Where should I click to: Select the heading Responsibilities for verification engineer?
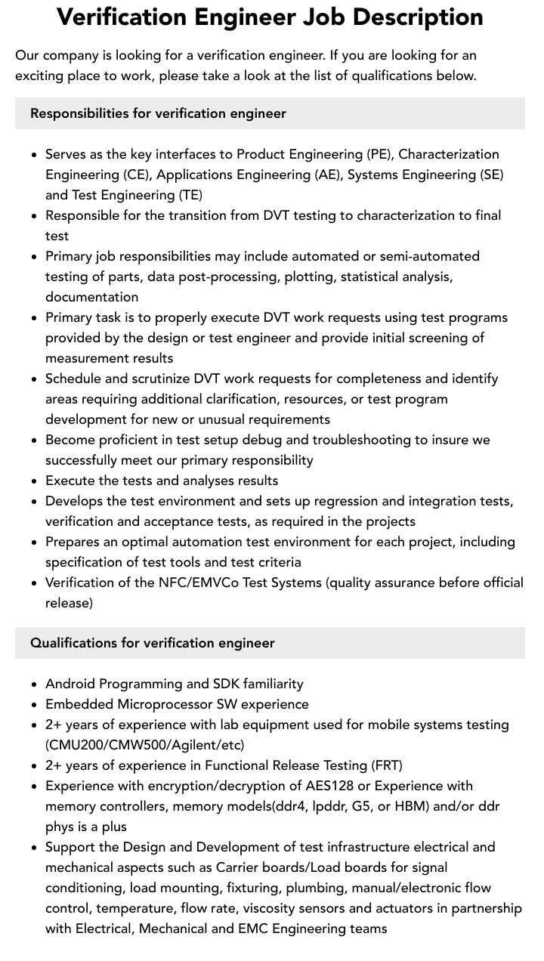click(x=158, y=113)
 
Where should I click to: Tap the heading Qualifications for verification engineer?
click(x=153, y=643)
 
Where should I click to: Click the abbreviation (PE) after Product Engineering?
click(x=379, y=154)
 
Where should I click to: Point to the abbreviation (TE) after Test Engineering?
click(x=190, y=195)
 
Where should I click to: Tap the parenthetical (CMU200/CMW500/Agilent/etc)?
click(x=145, y=745)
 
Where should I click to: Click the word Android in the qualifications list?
click(x=70, y=684)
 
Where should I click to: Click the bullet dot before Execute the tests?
click(x=35, y=481)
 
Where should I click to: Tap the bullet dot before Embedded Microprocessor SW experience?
click(x=35, y=705)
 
